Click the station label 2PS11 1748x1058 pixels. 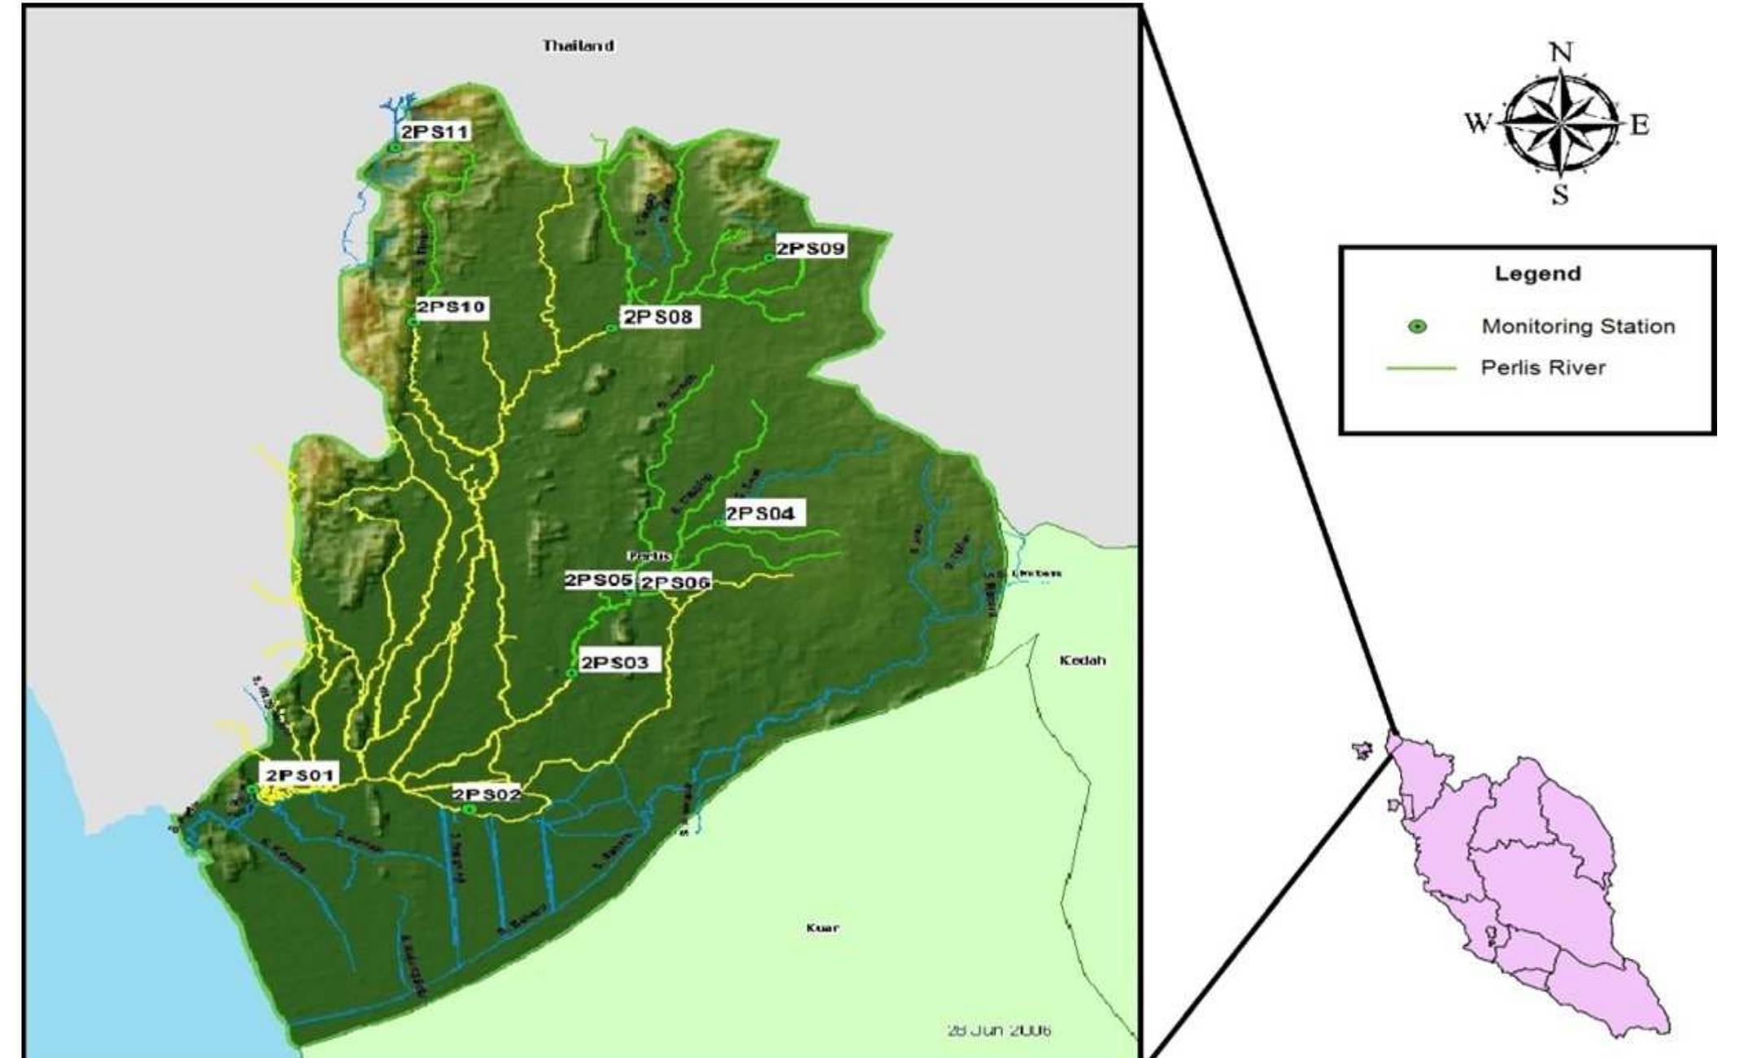click(435, 132)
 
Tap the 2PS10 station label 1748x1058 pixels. click(451, 307)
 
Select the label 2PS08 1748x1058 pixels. click(659, 317)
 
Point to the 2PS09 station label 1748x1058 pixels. click(811, 248)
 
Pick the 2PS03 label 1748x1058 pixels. click(615, 663)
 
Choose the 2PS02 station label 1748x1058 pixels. click(486, 795)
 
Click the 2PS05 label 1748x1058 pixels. click(599, 581)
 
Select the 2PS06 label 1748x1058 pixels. click(675, 582)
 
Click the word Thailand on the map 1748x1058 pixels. click(578, 46)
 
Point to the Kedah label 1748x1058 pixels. click(1083, 660)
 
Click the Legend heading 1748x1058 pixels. click(1537, 273)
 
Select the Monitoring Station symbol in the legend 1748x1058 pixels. click(1418, 327)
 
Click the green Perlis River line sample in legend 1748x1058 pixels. click(1420, 368)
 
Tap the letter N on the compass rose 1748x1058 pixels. click(1561, 53)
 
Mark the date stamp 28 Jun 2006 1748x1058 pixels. click(999, 1030)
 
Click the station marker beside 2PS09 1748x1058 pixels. click(769, 258)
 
